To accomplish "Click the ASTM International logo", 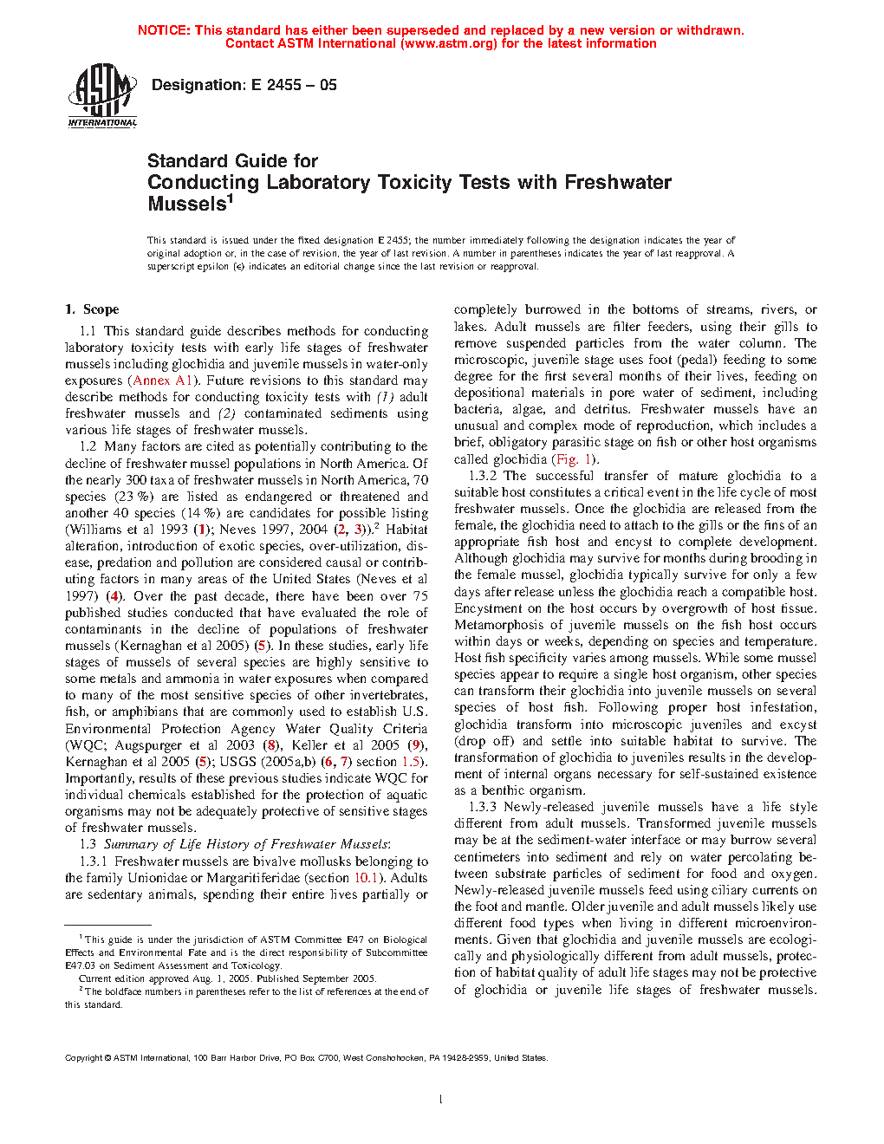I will [102, 95].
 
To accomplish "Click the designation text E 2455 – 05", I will [244, 85].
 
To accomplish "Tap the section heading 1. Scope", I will [92, 309].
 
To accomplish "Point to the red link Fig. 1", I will [574, 459].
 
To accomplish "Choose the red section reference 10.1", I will [367, 878].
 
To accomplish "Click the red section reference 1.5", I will [410, 762].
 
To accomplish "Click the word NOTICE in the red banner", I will [164, 30].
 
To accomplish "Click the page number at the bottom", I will [441, 1100].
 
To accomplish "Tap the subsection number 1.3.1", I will [94, 861].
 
